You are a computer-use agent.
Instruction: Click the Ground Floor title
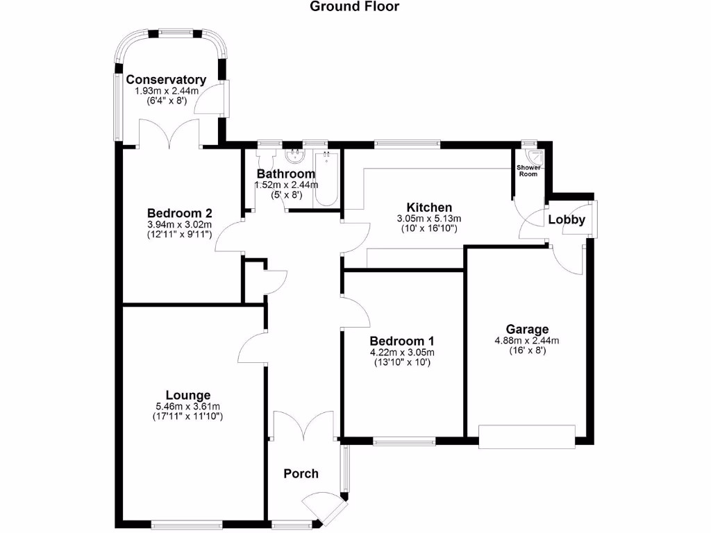pos(354,7)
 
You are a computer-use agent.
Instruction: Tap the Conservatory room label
pos(166,80)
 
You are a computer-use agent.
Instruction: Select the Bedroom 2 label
pos(179,214)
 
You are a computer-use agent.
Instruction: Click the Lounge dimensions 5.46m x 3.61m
pos(183,406)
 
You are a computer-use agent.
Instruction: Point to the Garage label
pos(527,329)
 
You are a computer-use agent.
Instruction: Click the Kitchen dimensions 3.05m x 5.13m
pos(429,218)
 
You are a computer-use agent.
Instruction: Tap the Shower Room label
pos(528,171)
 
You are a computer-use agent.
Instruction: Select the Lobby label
pos(567,220)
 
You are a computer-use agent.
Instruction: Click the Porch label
pos(301,473)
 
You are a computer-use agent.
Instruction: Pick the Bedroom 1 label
pos(402,341)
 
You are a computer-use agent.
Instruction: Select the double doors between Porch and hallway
pos(306,425)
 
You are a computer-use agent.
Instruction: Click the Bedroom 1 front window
pos(404,439)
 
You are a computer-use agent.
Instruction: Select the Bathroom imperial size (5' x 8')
pos(287,195)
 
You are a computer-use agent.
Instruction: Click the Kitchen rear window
pos(407,144)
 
